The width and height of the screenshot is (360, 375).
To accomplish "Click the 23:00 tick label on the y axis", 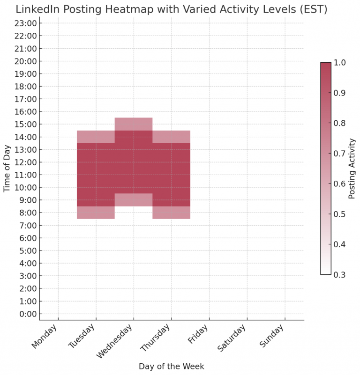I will click(29, 23).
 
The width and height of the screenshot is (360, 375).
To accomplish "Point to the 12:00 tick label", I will click(29, 162).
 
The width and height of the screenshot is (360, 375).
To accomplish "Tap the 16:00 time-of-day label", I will click(29, 111).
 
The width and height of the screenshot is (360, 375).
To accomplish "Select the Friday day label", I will click(199, 335).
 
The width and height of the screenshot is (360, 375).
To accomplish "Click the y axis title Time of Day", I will click(7, 169).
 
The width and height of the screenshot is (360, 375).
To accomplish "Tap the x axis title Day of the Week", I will click(171, 366).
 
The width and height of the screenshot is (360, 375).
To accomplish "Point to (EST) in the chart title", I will click(311, 9).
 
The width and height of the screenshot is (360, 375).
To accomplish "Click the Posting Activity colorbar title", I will click(352, 169).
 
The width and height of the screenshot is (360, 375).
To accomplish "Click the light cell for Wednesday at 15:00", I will click(134, 124).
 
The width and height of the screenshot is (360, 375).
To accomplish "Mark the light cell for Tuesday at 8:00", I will click(96, 213).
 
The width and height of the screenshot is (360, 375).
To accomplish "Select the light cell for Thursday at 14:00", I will click(171, 137).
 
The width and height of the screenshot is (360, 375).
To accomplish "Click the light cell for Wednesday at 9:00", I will click(134, 200).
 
